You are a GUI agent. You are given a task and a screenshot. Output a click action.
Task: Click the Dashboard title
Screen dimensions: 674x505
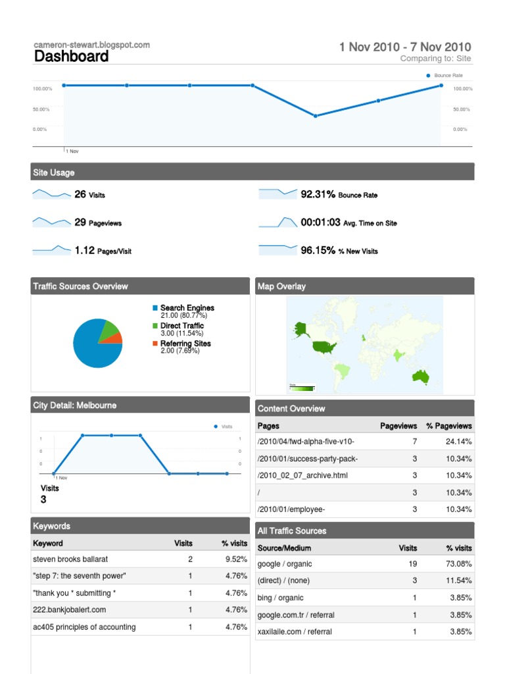[71, 57]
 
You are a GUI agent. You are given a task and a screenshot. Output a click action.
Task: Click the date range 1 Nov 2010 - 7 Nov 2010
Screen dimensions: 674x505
[404, 47]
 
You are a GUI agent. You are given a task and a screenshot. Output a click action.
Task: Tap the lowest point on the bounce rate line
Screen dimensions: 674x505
[316, 116]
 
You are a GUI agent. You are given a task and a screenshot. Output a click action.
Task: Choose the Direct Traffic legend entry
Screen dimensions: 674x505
[181, 326]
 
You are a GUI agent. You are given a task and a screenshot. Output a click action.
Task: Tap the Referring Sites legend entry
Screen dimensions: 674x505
[185, 344]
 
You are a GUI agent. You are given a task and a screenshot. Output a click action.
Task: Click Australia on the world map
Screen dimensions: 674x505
[420, 376]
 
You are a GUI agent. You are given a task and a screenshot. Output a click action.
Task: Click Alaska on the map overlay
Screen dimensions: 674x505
[302, 328]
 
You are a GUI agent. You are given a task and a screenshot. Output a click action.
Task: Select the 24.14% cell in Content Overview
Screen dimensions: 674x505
[458, 442]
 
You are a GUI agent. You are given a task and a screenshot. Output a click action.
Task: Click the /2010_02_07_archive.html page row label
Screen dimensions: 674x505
[302, 475]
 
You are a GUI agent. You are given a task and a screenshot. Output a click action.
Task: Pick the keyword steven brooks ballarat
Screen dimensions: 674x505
[70, 559]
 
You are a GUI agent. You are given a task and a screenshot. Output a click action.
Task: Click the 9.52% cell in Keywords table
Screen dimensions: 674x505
[235, 559]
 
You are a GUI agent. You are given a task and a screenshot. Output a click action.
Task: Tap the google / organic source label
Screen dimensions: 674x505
[285, 564]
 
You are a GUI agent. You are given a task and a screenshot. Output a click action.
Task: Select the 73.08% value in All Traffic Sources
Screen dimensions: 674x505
[460, 564]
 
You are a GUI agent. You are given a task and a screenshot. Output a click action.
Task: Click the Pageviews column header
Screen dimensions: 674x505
[398, 426]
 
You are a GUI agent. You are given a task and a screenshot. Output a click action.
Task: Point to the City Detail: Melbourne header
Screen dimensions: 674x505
[75, 405]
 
